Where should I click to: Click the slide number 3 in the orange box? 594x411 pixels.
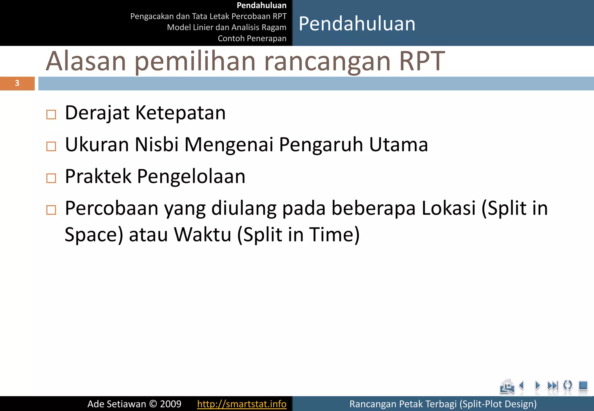click(17, 83)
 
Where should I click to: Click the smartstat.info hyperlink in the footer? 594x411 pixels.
click(242, 404)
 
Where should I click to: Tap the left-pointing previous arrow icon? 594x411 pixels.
click(522, 385)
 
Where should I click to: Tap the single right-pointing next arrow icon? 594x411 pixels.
click(537, 385)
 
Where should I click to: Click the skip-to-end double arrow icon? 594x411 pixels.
click(553, 385)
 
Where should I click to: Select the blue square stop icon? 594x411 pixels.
click(583, 385)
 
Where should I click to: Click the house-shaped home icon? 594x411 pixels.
click(507, 386)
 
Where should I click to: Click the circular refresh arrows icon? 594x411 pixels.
click(568, 385)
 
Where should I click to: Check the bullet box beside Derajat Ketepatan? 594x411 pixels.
click(51, 114)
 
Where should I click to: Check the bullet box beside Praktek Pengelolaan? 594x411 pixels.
click(51, 178)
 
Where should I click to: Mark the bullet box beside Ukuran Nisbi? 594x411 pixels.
click(51, 146)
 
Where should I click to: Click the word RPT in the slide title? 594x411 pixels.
click(422, 61)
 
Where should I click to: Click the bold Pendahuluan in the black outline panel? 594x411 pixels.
click(261, 6)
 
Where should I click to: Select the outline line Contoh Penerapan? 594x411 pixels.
click(252, 38)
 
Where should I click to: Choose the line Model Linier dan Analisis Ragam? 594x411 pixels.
click(227, 27)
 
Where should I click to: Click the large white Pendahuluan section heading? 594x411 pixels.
click(357, 23)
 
